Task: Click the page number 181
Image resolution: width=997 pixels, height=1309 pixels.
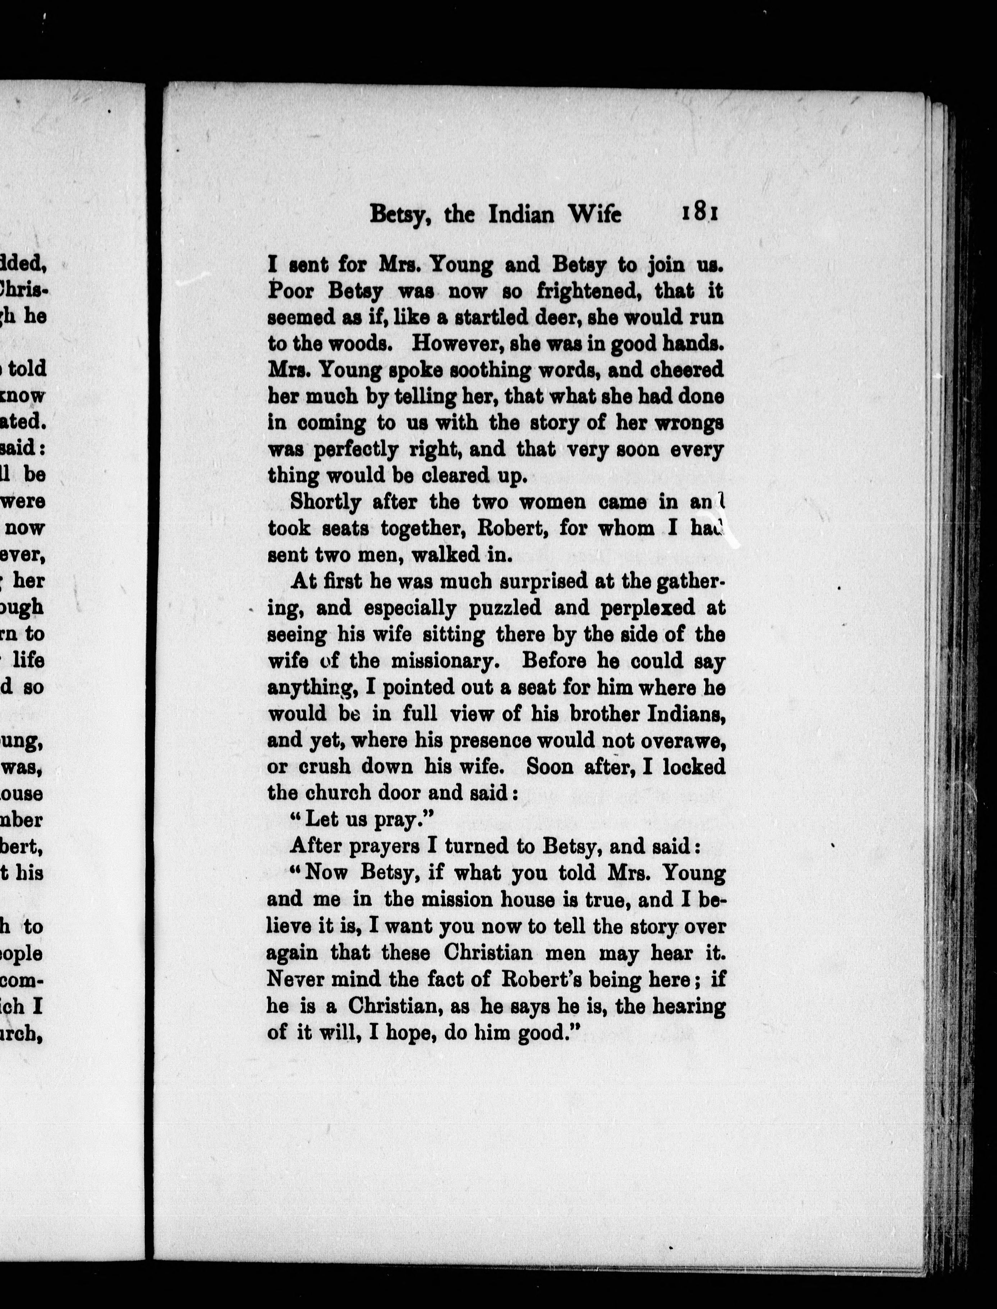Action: coord(700,213)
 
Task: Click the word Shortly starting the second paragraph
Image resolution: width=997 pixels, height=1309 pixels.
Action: coord(325,502)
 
